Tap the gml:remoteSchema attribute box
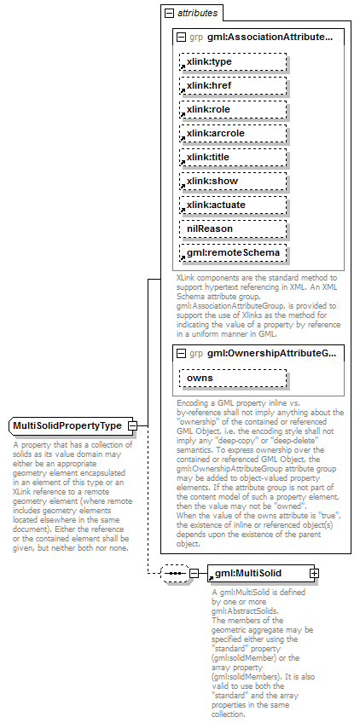233,253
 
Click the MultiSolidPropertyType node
67,425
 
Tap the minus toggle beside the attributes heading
170,14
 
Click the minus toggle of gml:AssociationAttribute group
181,38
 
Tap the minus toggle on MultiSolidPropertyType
132,425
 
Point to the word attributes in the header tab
197,14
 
